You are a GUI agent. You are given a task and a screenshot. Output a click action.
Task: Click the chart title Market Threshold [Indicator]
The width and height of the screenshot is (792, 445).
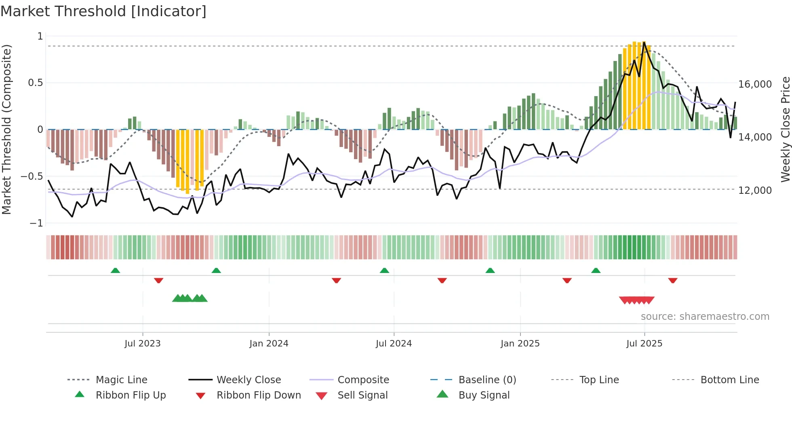click(103, 11)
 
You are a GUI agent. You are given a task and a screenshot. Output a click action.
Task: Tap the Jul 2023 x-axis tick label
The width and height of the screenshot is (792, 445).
click(142, 344)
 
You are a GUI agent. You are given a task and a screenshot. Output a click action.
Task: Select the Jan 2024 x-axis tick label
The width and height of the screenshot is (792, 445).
click(269, 344)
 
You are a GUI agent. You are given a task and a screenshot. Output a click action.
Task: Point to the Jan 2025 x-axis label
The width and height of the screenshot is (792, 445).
click(520, 344)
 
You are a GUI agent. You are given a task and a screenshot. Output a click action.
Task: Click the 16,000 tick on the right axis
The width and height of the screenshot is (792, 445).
click(755, 84)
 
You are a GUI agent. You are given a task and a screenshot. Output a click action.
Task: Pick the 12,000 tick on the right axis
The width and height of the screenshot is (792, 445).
click(755, 191)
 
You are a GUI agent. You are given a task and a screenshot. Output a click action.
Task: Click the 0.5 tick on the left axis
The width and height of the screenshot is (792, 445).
click(35, 83)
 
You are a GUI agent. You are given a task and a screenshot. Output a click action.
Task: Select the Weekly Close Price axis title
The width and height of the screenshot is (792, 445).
click(785, 129)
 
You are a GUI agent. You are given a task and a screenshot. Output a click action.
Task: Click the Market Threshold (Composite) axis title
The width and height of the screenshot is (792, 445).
click(6, 129)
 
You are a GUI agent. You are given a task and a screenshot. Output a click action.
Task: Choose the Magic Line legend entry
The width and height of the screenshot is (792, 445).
click(121, 380)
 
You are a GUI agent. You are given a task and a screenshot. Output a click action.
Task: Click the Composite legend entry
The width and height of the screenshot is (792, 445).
click(363, 380)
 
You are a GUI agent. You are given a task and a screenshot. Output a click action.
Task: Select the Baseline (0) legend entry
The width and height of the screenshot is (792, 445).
click(487, 380)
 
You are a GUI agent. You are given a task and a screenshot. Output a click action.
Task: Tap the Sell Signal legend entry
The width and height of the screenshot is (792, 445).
click(362, 395)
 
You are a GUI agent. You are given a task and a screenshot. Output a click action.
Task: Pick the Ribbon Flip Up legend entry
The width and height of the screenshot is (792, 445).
click(131, 395)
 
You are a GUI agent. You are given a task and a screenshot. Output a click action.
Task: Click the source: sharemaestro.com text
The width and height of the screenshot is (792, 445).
click(705, 317)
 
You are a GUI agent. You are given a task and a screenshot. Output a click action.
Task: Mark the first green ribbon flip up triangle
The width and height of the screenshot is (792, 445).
click(115, 271)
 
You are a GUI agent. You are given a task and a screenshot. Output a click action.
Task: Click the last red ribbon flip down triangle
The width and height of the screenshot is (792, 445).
click(672, 280)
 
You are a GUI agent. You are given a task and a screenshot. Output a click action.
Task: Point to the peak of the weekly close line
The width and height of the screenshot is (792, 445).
click(644, 42)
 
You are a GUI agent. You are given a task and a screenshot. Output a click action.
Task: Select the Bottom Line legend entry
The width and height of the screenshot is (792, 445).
click(729, 380)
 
